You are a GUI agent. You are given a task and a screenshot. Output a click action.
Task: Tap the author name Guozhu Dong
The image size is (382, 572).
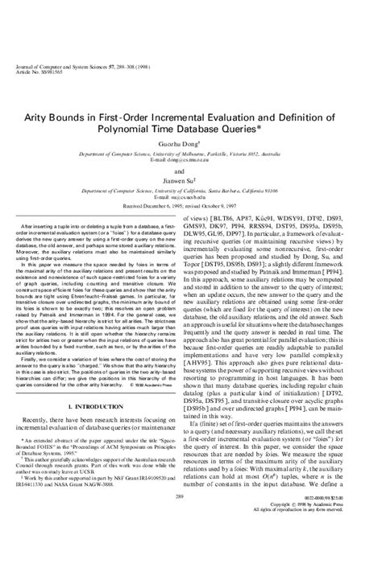(x=191, y=143)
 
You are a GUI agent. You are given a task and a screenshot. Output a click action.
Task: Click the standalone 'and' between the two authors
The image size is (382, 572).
(x=191, y=171)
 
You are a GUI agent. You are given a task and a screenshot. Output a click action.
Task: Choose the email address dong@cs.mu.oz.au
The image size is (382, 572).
(x=191, y=159)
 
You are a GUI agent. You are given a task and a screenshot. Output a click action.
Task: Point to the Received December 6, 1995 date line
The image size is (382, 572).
(x=191, y=204)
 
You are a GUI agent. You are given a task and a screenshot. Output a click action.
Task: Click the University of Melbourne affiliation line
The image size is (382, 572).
(x=191, y=153)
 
